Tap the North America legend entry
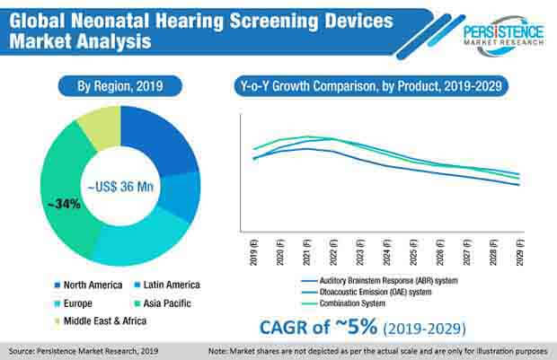coord(89,285)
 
